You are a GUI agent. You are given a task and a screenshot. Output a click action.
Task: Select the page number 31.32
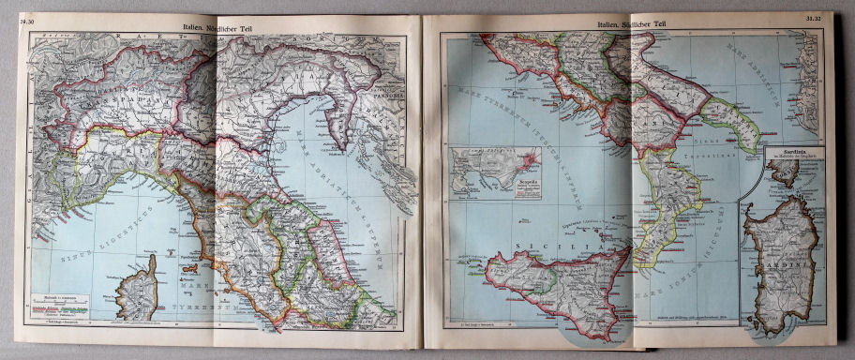pyautogui.click(x=814, y=18)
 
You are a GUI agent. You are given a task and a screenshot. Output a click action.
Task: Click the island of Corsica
pyautogui.click(x=137, y=286)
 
